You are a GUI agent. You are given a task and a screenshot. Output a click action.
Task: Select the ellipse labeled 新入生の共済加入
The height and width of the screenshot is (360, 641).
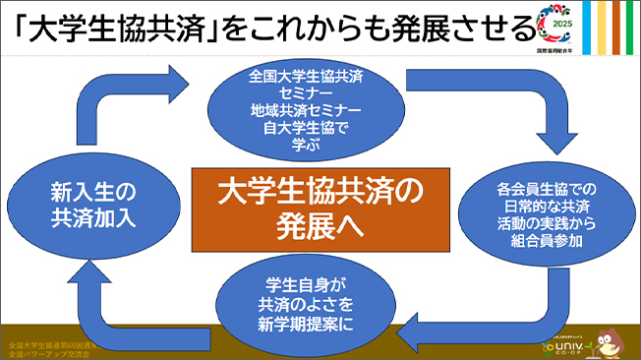pos(87,206)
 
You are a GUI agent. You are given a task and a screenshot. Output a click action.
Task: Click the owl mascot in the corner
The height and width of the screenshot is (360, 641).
pos(609,338)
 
